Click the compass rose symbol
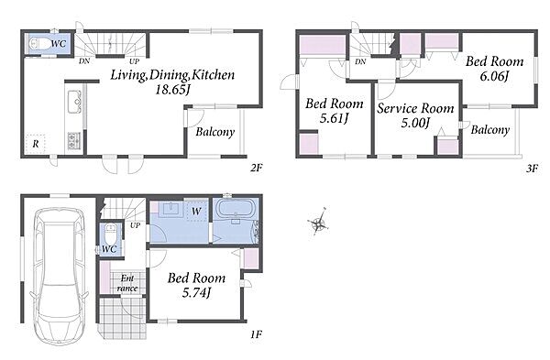[318, 222]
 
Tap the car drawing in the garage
[60, 277]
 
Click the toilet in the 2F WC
[39, 45]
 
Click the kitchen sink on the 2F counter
[75, 102]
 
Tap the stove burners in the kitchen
[74, 141]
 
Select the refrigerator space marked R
[36, 144]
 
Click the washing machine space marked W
[196, 212]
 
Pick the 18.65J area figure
[172, 90]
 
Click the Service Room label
[415, 108]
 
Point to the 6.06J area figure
[494, 76]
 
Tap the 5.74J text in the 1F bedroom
[196, 292]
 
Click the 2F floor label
[256, 168]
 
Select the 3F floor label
[532, 169]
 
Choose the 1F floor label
[256, 334]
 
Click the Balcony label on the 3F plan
[490, 130]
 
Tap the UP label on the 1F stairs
[135, 225]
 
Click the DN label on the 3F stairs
[360, 61]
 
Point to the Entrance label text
[127, 283]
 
